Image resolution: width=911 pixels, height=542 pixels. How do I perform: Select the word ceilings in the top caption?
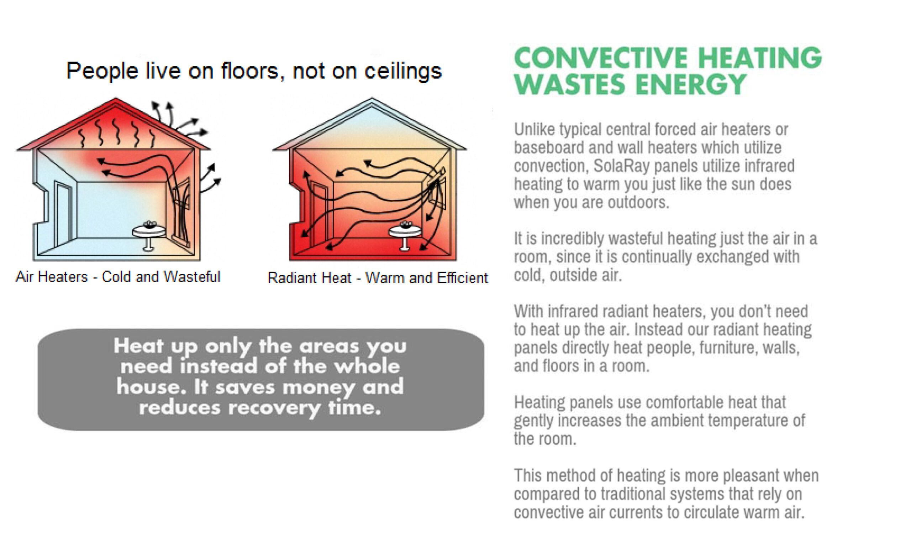tap(403, 71)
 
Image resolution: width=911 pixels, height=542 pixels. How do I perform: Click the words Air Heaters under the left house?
tap(52, 276)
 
